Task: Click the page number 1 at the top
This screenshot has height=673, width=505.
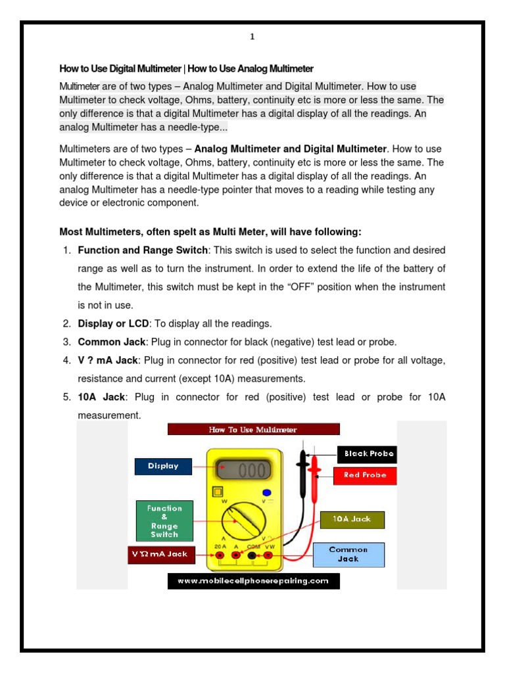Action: (x=252, y=37)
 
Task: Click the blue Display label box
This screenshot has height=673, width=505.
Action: (x=163, y=466)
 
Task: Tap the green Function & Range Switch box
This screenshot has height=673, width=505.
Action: (x=164, y=521)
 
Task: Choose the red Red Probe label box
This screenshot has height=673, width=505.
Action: (x=365, y=475)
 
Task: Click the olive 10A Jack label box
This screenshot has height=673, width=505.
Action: (x=352, y=519)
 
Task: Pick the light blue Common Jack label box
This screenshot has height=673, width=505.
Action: (x=348, y=554)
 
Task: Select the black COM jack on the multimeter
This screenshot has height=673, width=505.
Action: (x=252, y=556)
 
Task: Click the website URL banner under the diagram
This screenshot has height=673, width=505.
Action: (x=253, y=581)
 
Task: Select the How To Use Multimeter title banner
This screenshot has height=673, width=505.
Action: (x=253, y=429)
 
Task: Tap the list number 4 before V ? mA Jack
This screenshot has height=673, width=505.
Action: (x=66, y=361)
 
